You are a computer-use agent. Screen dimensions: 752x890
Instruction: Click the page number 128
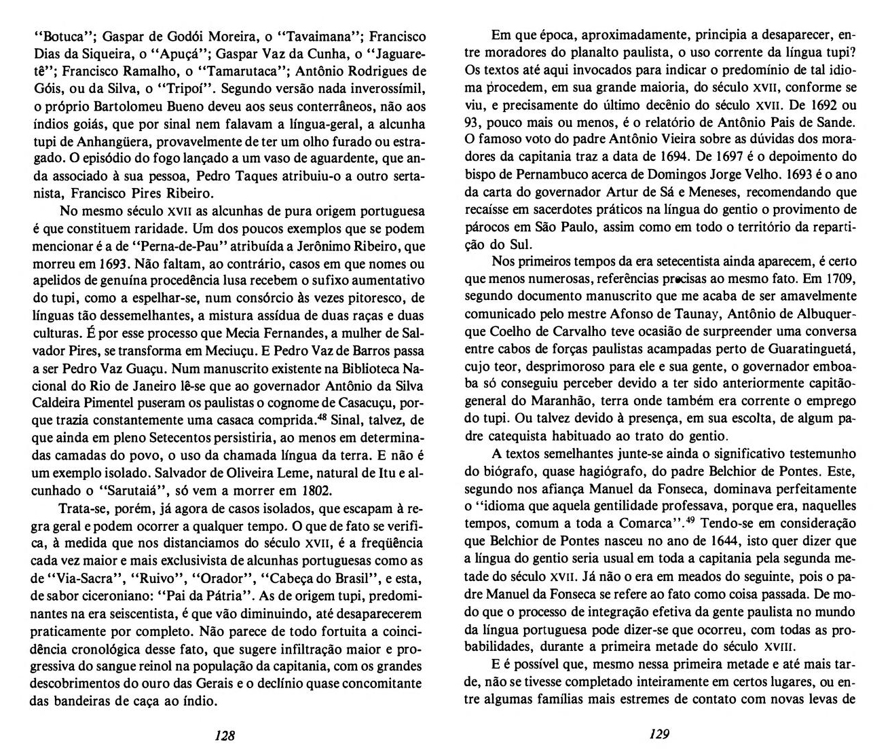click(x=225, y=734)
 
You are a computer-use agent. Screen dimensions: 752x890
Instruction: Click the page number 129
click(x=659, y=734)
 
